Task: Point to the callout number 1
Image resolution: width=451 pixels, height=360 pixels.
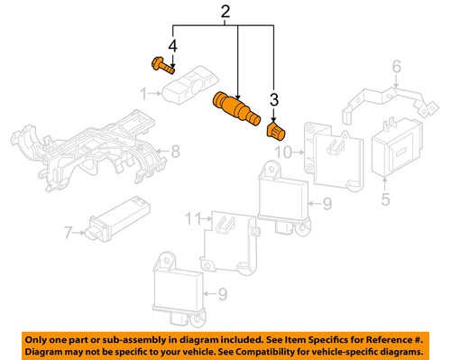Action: [143, 92]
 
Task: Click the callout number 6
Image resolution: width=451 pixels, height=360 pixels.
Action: [394, 66]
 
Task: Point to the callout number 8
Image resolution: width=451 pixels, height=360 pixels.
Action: [176, 151]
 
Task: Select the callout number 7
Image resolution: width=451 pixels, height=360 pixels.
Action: [68, 234]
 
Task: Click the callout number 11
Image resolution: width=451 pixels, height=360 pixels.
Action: [192, 217]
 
